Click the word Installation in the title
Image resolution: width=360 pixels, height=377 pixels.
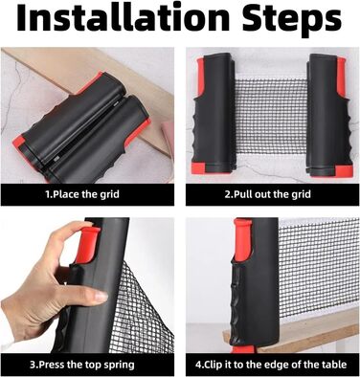(x=123, y=18)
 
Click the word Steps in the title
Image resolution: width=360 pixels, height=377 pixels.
(x=292, y=20)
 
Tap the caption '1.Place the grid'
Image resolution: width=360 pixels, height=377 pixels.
(x=82, y=194)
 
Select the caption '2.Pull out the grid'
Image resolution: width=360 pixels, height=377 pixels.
(x=268, y=194)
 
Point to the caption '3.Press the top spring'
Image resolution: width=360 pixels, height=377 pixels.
(x=82, y=365)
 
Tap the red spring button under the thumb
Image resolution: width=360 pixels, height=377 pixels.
(x=87, y=244)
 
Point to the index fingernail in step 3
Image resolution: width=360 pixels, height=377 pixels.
(x=101, y=297)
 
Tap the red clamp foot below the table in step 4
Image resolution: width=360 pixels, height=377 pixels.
(x=242, y=348)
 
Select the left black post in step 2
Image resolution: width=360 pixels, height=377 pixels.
(x=214, y=115)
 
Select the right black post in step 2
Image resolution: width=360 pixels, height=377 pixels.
(x=328, y=115)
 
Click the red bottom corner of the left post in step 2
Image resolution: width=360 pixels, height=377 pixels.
(x=199, y=167)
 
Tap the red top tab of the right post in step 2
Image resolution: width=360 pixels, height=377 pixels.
(x=341, y=77)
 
